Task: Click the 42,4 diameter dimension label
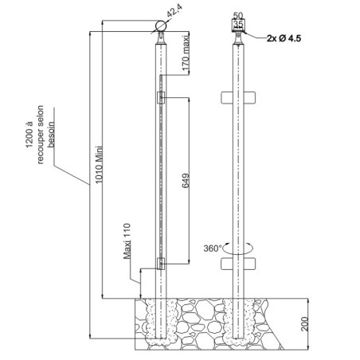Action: click(x=175, y=11)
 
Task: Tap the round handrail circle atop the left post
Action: click(x=161, y=26)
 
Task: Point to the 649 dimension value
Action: click(x=186, y=181)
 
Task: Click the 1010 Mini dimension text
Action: click(x=99, y=164)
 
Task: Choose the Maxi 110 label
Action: click(x=127, y=241)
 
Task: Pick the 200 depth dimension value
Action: click(x=305, y=324)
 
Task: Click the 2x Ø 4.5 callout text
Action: click(x=284, y=38)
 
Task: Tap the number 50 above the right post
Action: click(x=238, y=16)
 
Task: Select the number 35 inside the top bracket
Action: click(x=238, y=24)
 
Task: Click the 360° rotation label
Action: click(x=213, y=248)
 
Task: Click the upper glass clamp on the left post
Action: click(x=161, y=97)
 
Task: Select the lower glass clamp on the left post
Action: click(x=161, y=264)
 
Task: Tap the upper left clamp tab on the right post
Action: click(x=227, y=97)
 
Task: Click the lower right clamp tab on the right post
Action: click(x=250, y=264)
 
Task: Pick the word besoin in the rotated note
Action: click(x=51, y=135)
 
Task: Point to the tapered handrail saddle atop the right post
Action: click(x=238, y=38)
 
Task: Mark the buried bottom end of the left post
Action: click(x=161, y=338)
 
